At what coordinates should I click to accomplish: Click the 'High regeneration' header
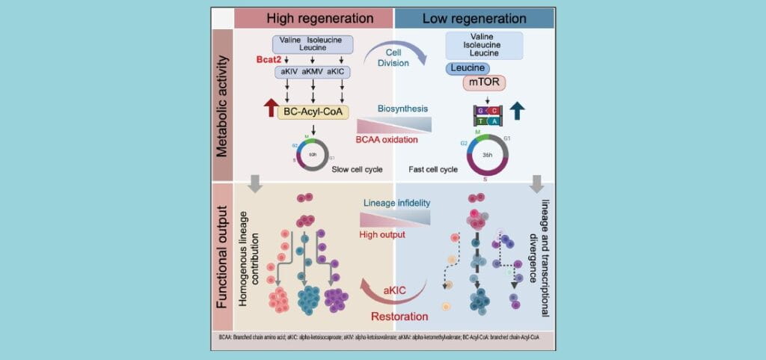coord(313,18)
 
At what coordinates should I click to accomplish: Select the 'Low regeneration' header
coord(474,18)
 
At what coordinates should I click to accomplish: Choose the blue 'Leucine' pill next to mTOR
coord(468,67)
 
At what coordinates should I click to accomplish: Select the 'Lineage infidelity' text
coord(396,203)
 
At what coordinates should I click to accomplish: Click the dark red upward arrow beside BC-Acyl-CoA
coord(266,112)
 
